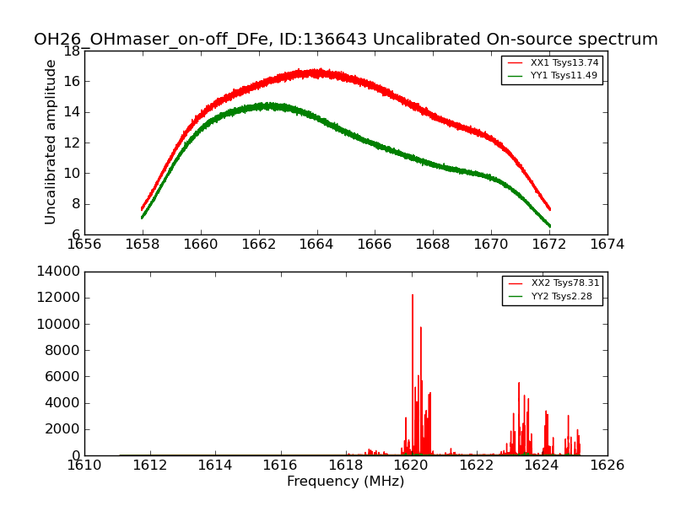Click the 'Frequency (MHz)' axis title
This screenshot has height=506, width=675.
click(345, 482)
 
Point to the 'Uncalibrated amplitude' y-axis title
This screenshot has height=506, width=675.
click(51, 142)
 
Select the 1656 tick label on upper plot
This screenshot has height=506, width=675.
click(84, 244)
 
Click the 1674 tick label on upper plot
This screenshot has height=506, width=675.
click(607, 244)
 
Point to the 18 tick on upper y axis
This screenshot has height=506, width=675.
click(71, 51)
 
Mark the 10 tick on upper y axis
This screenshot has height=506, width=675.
click(71, 173)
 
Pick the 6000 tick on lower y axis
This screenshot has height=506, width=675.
click(62, 376)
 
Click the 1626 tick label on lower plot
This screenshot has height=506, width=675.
click(607, 465)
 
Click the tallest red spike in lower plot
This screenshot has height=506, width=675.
click(413, 296)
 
